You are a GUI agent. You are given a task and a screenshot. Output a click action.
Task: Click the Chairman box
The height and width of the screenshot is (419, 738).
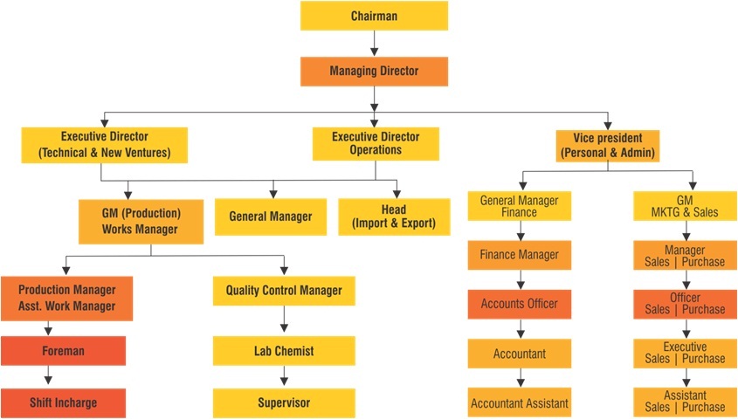pos(374,16)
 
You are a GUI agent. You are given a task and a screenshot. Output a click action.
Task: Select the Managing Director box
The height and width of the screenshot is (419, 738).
pos(374,71)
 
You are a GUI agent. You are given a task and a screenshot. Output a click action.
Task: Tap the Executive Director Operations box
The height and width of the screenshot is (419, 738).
pos(376,143)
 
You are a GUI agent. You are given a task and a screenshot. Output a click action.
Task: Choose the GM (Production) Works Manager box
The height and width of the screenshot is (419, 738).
pos(141,221)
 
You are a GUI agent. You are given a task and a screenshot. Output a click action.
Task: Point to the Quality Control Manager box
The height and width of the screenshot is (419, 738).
pos(284,291)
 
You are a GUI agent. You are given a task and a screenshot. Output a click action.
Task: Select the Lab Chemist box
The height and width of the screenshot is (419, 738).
pos(284,351)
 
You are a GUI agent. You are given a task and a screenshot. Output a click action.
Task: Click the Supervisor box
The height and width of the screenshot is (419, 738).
pos(284,402)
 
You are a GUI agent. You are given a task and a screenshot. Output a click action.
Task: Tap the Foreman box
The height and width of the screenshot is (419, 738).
pos(63,351)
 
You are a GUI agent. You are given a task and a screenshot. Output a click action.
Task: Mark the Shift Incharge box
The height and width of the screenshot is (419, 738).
pos(63,402)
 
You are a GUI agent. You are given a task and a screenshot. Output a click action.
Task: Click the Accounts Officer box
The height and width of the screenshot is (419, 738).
pos(519,304)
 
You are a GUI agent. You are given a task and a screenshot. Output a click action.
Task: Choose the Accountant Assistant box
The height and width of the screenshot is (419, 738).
pos(520,403)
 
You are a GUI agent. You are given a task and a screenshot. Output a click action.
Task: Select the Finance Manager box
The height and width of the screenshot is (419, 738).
pos(520,255)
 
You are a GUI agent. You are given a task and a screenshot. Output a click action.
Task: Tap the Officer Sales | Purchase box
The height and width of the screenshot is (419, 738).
pos(685,304)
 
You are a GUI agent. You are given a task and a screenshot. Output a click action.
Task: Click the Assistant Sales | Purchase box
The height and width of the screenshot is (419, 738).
pos(685,401)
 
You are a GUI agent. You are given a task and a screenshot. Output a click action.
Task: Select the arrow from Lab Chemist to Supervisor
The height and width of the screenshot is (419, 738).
pos(284,377)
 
